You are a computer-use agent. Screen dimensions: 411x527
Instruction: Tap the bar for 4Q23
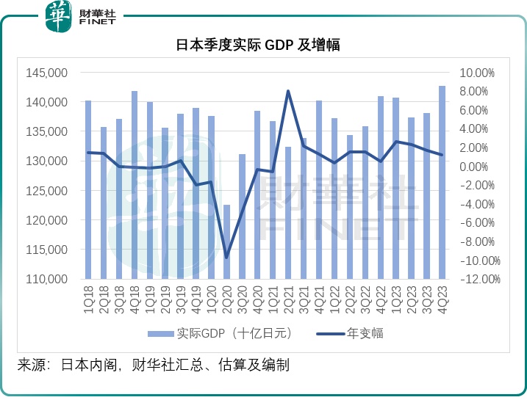tap(442, 183)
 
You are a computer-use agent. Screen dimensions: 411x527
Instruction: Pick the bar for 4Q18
tap(135, 185)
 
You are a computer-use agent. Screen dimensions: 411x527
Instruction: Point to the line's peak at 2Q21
tap(288, 91)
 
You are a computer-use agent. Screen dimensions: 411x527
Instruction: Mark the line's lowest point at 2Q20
tap(227, 257)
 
